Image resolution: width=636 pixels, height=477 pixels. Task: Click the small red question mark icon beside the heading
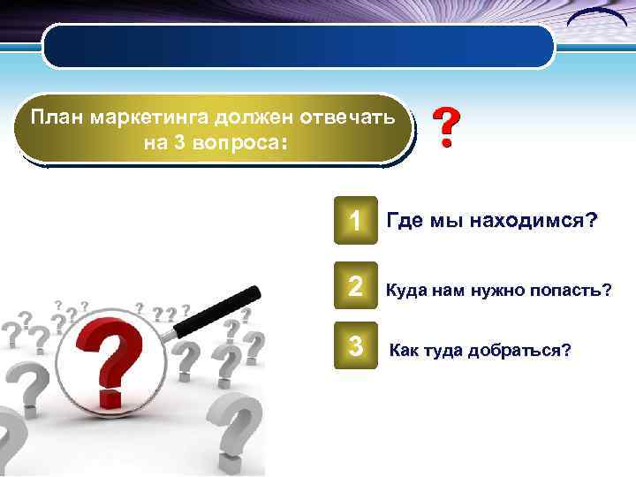(x=448, y=129)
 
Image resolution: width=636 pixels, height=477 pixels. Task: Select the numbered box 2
(x=355, y=284)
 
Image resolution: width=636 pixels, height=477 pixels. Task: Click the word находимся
(x=528, y=221)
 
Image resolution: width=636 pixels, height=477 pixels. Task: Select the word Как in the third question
(x=406, y=351)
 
